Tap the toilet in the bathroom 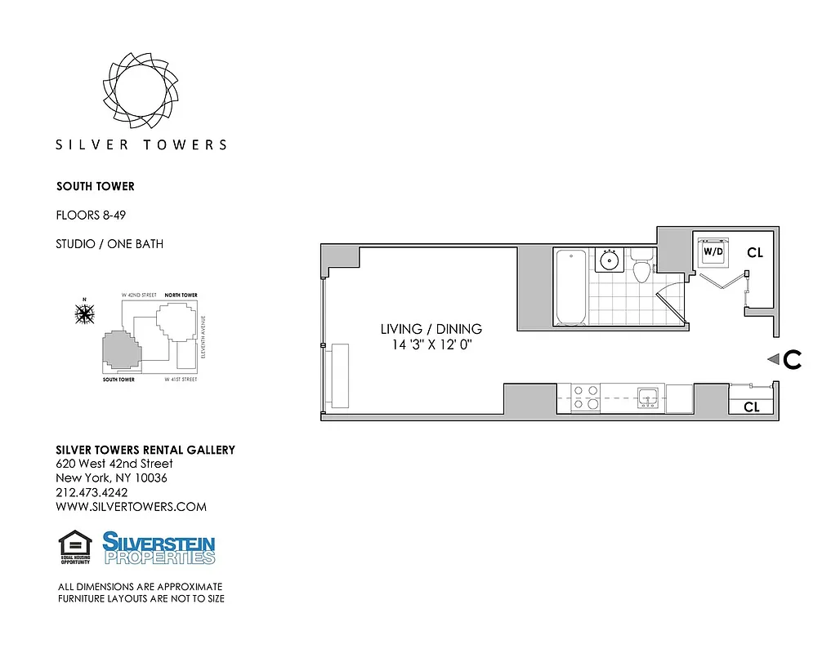click(642, 269)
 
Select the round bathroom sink click(608, 260)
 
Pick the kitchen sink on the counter click(649, 398)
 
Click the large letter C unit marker click(791, 360)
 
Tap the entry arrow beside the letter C click(771, 359)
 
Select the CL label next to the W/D click(754, 254)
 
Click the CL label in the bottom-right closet click(751, 406)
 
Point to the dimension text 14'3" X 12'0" click(431, 345)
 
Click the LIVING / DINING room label click(431, 329)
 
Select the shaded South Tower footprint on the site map click(119, 352)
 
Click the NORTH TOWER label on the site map click(181, 295)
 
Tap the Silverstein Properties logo click(159, 548)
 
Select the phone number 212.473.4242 click(92, 492)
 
